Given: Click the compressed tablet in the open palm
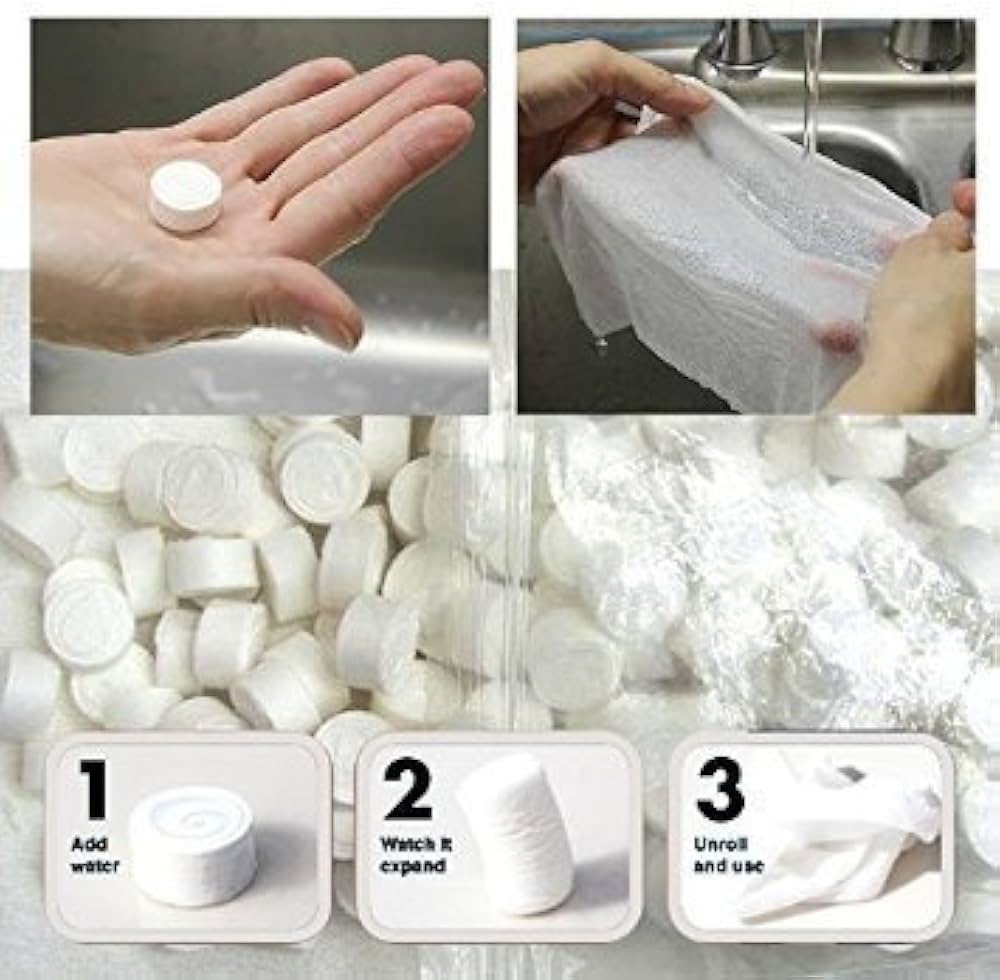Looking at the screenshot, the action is pyautogui.click(x=186, y=195).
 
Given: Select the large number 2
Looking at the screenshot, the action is pyautogui.click(x=407, y=788).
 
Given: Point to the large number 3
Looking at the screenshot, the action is pyautogui.click(x=720, y=789).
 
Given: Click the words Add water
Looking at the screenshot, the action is pyautogui.click(x=94, y=856).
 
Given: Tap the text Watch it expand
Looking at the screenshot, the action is pyautogui.click(x=416, y=856).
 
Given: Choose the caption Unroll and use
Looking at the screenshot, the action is pyautogui.click(x=728, y=856).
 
